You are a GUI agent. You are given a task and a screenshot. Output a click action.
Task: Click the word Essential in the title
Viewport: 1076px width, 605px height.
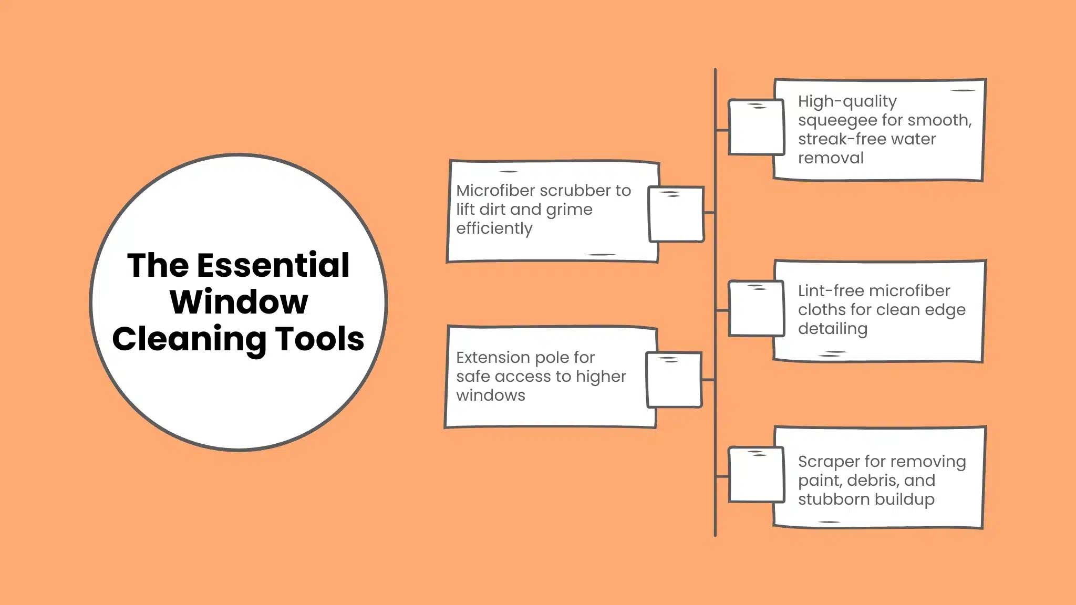[x=273, y=265]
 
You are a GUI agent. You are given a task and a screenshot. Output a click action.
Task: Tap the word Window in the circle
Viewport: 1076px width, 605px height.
[x=239, y=302]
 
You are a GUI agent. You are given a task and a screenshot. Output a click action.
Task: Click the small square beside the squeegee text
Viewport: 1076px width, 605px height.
[x=756, y=127]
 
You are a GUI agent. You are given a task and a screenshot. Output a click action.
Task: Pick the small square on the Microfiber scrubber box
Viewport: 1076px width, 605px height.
[x=676, y=214]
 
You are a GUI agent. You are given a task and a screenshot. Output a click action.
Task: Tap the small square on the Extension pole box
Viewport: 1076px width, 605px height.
[x=674, y=380]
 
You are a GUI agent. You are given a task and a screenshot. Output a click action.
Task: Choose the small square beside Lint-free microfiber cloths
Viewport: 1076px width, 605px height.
[x=756, y=309]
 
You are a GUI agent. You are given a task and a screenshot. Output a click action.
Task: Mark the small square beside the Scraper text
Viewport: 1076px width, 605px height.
[x=756, y=475]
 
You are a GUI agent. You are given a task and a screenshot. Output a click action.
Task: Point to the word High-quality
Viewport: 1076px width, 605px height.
[x=847, y=101]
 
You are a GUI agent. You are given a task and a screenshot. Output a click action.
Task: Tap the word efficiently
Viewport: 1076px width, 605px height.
[x=494, y=228]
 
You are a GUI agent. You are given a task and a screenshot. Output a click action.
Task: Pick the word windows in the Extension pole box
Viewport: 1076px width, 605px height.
[x=490, y=395]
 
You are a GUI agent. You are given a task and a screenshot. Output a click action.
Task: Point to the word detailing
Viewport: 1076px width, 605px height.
[x=832, y=329]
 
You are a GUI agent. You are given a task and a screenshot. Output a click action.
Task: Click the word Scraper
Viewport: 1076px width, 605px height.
[x=829, y=462]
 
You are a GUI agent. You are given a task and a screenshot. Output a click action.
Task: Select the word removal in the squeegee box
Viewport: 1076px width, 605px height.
[x=830, y=158]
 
